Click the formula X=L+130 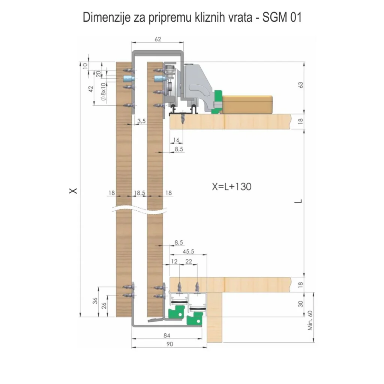[231, 186]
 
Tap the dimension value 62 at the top [158, 39]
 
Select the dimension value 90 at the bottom [169, 344]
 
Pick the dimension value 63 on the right [300, 85]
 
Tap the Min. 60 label [310, 321]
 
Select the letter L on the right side [299, 201]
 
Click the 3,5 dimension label [142, 121]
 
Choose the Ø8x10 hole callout [103, 92]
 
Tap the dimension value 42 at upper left [90, 89]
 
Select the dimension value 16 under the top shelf [176, 140]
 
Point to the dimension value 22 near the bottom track [189, 261]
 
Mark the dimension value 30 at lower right [300, 304]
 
